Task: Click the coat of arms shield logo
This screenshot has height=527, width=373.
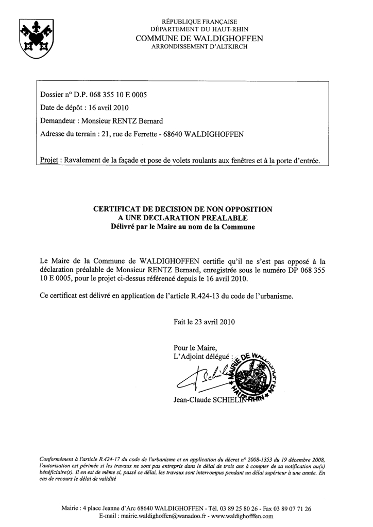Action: tap(37, 38)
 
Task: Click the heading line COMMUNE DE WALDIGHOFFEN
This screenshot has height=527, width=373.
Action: tap(199, 39)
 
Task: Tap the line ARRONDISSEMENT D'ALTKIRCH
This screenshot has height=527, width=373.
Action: tap(199, 47)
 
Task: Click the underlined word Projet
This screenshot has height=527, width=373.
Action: tap(48, 161)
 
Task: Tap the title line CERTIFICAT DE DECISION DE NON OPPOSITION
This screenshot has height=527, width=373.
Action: tap(182, 209)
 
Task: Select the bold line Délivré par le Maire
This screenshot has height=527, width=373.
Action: tap(182, 226)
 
